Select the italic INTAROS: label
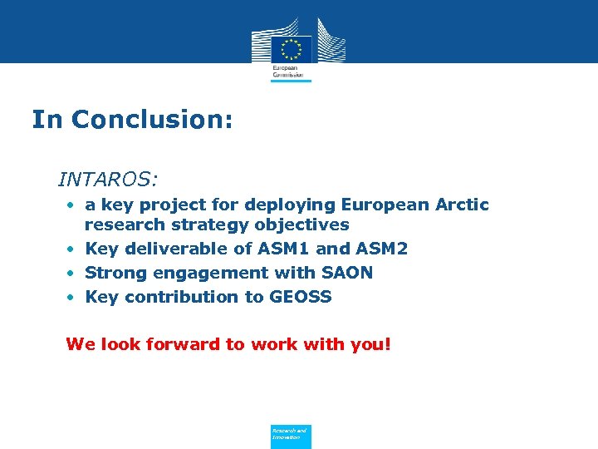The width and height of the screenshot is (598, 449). pyautogui.click(x=108, y=179)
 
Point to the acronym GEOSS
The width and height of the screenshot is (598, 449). pyautogui.click(x=301, y=297)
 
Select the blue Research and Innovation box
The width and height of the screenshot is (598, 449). pyautogui.click(x=291, y=436)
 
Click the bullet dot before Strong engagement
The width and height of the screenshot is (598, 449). pyautogui.click(x=73, y=274)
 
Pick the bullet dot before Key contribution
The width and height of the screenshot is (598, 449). pyautogui.click(x=73, y=298)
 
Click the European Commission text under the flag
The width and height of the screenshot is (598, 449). pyautogui.click(x=288, y=72)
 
